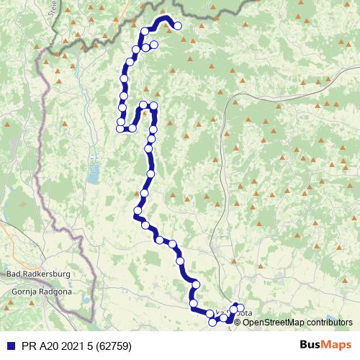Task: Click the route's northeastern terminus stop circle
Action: click(178, 27)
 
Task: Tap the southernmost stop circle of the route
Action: click(212, 323)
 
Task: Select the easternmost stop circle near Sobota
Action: click(240, 308)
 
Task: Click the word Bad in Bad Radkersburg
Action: click(14, 274)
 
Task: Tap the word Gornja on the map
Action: click(26, 292)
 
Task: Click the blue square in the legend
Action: click(7, 346)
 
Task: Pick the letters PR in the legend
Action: click(27, 346)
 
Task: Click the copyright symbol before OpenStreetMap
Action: click(238, 322)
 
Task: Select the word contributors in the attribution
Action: click(329, 322)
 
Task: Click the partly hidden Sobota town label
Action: click(242, 313)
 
